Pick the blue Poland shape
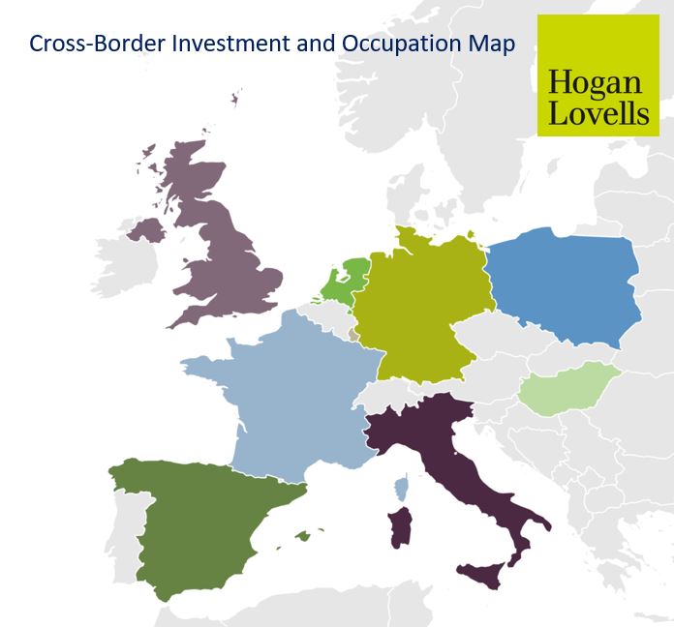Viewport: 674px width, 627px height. (x=567, y=285)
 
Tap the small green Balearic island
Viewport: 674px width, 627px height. (x=304, y=535)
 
